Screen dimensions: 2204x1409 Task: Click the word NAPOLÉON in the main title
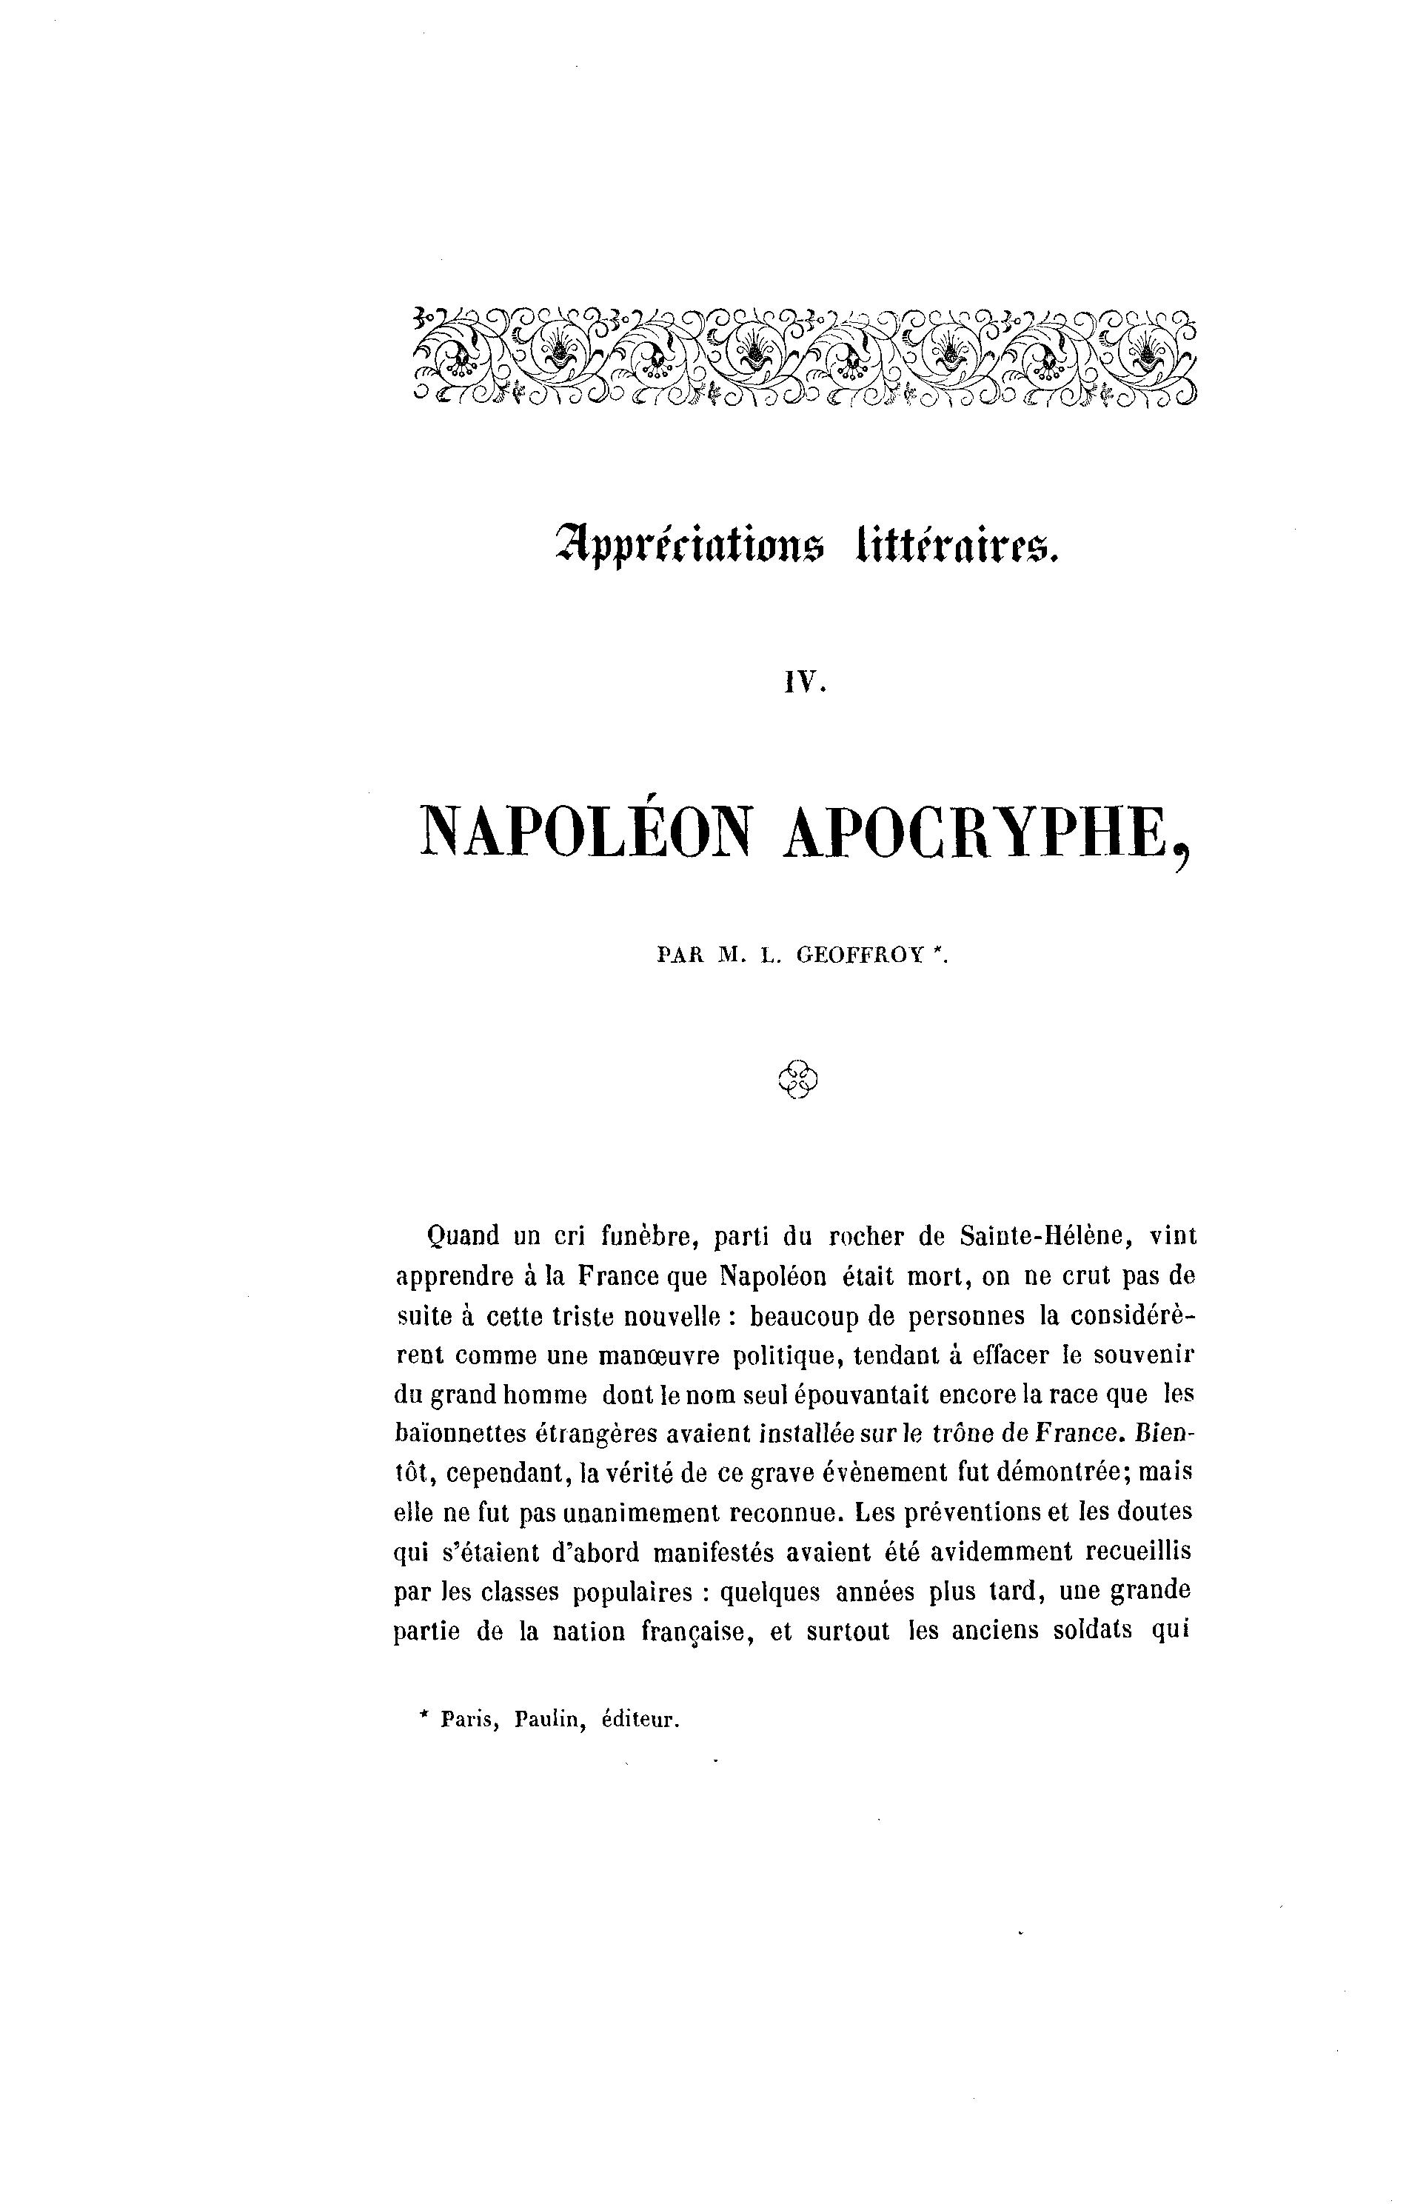pyautogui.click(x=586, y=834)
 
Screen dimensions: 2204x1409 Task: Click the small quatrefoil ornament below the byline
pyautogui.click(x=798, y=1080)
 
